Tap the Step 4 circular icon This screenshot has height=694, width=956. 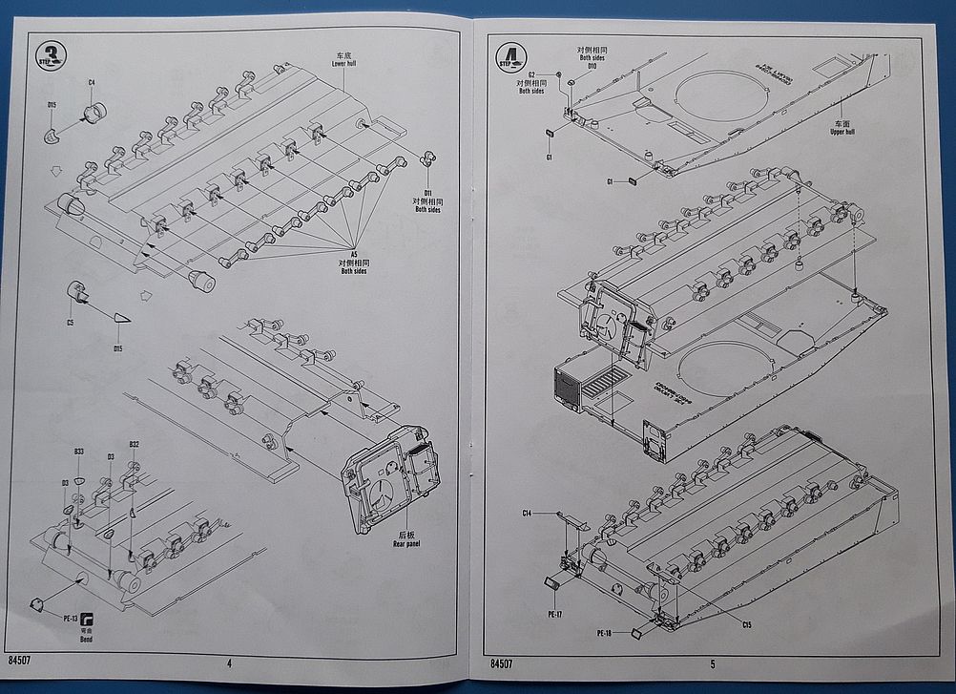[x=510, y=57]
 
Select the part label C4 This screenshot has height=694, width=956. [x=92, y=82]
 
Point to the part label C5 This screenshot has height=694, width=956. [x=70, y=323]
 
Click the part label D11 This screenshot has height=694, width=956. [x=426, y=193]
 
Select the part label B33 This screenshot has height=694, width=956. [x=78, y=452]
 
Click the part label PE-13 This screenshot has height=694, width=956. [x=70, y=619]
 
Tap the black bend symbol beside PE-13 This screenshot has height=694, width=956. [x=87, y=618]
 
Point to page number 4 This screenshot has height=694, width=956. [x=229, y=662]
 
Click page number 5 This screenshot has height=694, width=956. [x=712, y=663]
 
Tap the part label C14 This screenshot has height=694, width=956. [x=527, y=514]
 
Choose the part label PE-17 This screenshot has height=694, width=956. [x=555, y=614]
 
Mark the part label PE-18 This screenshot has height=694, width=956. [x=604, y=633]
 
